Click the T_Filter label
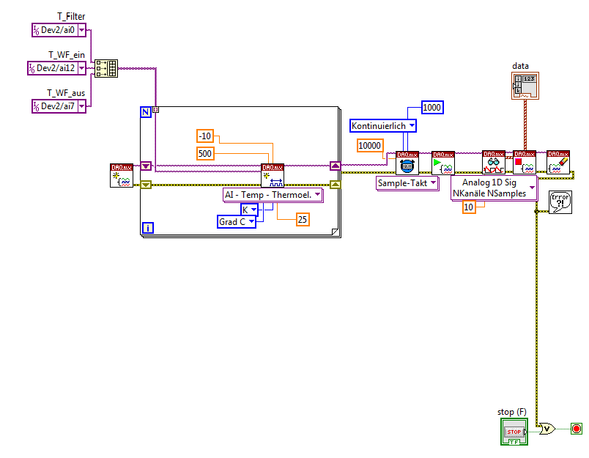[x=71, y=16]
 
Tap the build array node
[x=106, y=69]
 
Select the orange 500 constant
[x=207, y=152]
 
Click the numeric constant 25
[x=302, y=218]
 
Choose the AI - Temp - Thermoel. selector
[x=273, y=195]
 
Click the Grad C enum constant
[x=237, y=221]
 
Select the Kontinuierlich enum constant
[x=383, y=126]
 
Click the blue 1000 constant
[x=432, y=108]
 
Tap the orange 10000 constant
[x=370, y=145]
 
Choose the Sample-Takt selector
[x=407, y=183]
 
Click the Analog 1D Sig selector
[x=494, y=188]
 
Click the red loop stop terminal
[x=576, y=429]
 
